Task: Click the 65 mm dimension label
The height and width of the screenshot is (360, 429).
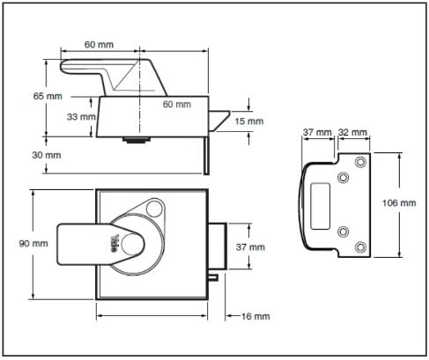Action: (48, 96)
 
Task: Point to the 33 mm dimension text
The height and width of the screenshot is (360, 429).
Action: (81, 117)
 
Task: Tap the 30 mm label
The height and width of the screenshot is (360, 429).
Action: (47, 155)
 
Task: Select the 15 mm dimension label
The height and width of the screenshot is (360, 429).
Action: (249, 121)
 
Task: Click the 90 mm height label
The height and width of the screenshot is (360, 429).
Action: (33, 244)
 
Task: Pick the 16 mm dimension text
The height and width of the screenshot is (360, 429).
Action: (255, 316)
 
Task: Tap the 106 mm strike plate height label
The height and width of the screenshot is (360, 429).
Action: (399, 202)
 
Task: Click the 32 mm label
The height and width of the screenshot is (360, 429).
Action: (352, 132)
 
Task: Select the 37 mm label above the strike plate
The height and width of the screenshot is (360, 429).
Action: (317, 132)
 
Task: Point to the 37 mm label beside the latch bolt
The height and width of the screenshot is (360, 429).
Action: (250, 247)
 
